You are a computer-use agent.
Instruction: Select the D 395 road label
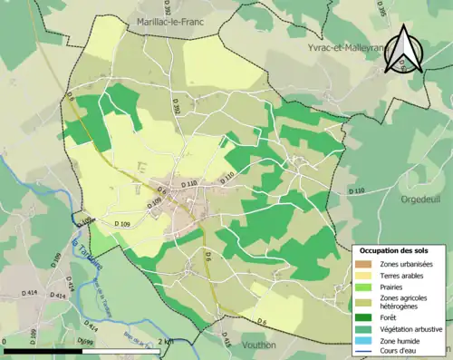point(356,10)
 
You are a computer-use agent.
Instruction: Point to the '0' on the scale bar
point(5,341)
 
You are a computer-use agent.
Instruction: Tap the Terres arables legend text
point(403,276)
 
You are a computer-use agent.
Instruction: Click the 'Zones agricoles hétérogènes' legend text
point(405,304)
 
